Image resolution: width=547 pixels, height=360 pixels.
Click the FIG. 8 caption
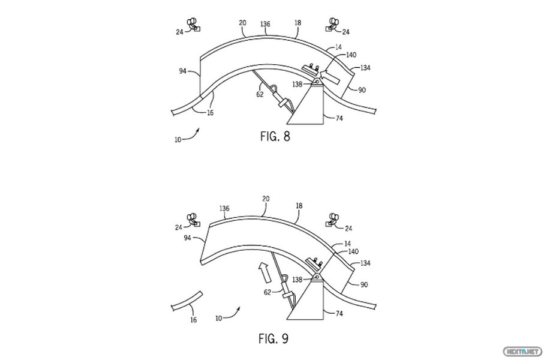275,136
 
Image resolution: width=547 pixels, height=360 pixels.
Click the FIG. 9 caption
273,338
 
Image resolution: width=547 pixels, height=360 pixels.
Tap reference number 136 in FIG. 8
265,24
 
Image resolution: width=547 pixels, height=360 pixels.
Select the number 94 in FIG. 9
187,238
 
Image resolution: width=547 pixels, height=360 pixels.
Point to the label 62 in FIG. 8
260,94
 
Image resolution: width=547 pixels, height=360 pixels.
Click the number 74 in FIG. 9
339,314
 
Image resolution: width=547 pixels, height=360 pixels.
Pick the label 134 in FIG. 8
365,68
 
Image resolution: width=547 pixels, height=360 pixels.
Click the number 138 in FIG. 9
297,280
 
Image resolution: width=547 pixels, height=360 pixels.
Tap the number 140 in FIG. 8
351,55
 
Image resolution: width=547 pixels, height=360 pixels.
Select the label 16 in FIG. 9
194,320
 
